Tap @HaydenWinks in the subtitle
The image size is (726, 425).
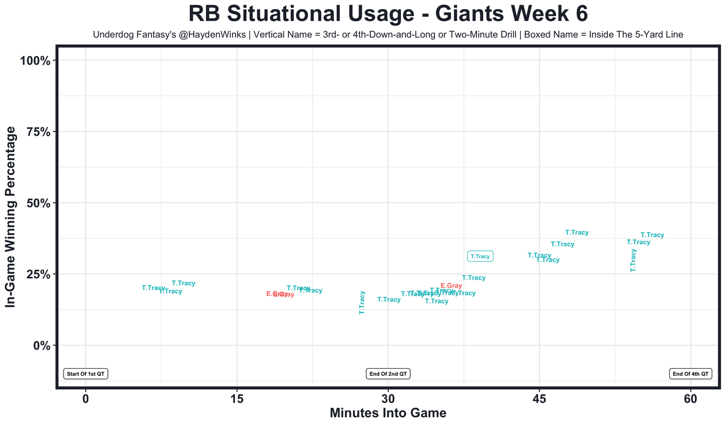click(215, 35)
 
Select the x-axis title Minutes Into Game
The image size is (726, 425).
click(388, 413)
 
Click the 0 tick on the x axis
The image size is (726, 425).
click(86, 399)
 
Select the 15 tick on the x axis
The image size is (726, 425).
click(237, 399)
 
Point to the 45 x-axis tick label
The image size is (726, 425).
click(539, 399)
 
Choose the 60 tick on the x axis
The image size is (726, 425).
click(690, 399)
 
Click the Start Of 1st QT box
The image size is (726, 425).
click(86, 374)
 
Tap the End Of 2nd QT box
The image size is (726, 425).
click(388, 374)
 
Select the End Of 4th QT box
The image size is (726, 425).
click(690, 374)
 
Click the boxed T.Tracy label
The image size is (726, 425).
click(480, 256)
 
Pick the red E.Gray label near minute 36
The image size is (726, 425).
click(451, 285)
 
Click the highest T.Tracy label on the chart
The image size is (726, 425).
click(577, 233)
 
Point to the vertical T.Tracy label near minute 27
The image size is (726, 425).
click(362, 302)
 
